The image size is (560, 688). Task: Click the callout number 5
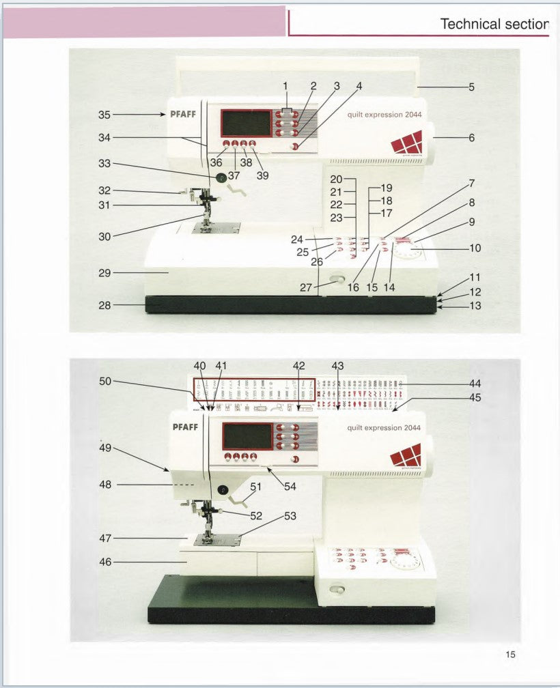coord(471,87)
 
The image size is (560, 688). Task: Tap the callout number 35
coord(105,115)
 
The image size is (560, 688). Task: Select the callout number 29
coord(104,272)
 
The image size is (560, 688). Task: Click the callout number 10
coord(475,248)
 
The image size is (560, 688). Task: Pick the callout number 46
coord(104,562)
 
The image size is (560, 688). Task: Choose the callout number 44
coord(475,384)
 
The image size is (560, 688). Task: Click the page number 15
coord(510,655)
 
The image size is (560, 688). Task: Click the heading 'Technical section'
coord(494,24)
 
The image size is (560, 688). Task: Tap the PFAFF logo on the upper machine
coord(182,114)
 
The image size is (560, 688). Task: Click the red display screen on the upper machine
coord(246,124)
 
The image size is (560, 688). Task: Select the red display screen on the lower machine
coord(247,436)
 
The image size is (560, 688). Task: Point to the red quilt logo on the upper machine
coord(406,144)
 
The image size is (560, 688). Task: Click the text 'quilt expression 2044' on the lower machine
coord(383,428)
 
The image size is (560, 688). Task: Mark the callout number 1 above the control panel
coord(287,86)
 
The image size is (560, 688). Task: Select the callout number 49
coord(105,448)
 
